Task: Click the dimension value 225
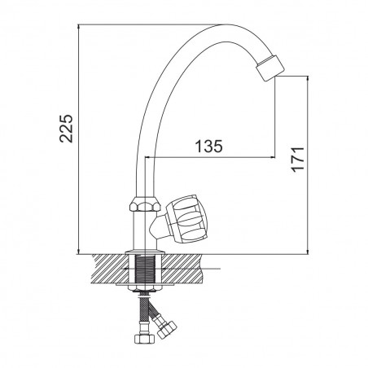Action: click(x=66, y=129)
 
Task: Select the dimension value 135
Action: click(x=209, y=147)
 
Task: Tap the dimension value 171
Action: click(x=298, y=160)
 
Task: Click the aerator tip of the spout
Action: click(x=270, y=68)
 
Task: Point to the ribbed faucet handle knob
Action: click(x=186, y=218)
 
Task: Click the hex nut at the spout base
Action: click(x=146, y=204)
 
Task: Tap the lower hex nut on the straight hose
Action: click(x=144, y=339)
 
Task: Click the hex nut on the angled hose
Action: click(x=167, y=329)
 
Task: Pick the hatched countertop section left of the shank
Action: click(x=109, y=269)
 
